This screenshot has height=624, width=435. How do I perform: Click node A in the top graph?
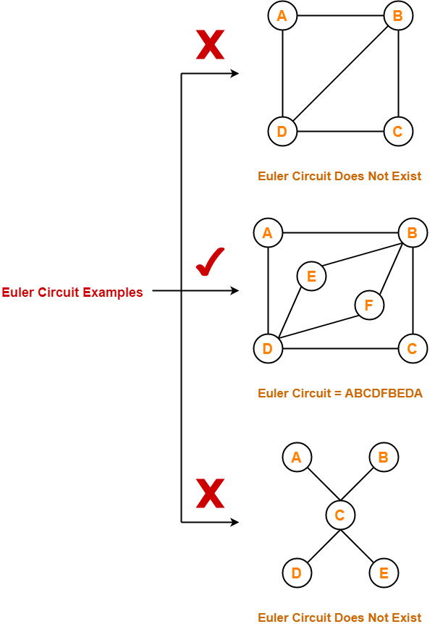[x=282, y=16]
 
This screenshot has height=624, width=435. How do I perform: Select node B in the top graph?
[x=398, y=16]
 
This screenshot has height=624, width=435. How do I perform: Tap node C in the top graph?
[x=398, y=132]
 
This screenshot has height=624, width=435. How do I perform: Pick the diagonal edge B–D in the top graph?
[x=340, y=74]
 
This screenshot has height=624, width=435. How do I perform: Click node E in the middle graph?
[x=311, y=276]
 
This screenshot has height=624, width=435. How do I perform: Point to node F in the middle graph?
[x=369, y=305]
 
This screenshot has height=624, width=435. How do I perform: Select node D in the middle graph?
[x=268, y=349]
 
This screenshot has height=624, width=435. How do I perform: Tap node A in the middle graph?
[x=268, y=233]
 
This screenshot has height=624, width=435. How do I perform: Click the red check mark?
[x=211, y=262]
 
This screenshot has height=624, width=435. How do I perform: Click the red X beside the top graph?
[x=210, y=45]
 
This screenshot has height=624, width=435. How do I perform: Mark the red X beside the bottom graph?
[x=210, y=494]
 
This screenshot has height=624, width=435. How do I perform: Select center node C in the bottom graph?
[x=340, y=515]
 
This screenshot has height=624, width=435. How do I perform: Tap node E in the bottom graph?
[x=384, y=573]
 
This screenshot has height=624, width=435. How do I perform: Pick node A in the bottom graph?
[x=296, y=458]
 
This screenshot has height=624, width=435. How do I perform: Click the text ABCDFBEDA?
[x=384, y=394]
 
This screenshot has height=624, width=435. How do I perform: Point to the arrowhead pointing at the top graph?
[x=235, y=74]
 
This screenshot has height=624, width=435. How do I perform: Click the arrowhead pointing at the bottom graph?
[x=235, y=521]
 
